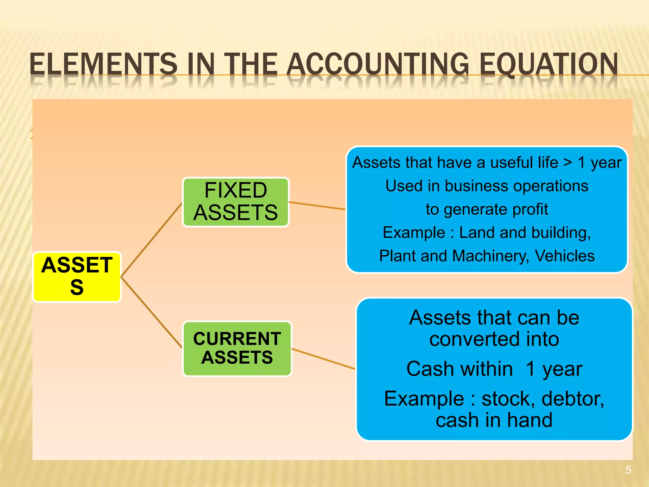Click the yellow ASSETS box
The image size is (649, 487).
tap(77, 276)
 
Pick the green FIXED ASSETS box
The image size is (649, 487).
tap(236, 202)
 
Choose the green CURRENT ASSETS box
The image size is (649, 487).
tap(237, 348)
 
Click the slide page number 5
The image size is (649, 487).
tap(628, 470)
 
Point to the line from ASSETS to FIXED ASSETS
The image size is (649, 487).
tap(151, 240)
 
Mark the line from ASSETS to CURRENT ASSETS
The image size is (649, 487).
tap(151, 313)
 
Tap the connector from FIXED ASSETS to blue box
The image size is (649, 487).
tap(317, 205)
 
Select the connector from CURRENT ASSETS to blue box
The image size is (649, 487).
tap(323, 359)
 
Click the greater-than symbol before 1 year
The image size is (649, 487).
tap(568, 163)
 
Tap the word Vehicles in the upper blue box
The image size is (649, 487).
tap(565, 256)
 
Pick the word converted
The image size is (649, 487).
tap(474, 339)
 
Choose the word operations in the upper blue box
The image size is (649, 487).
tap(550, 186)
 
